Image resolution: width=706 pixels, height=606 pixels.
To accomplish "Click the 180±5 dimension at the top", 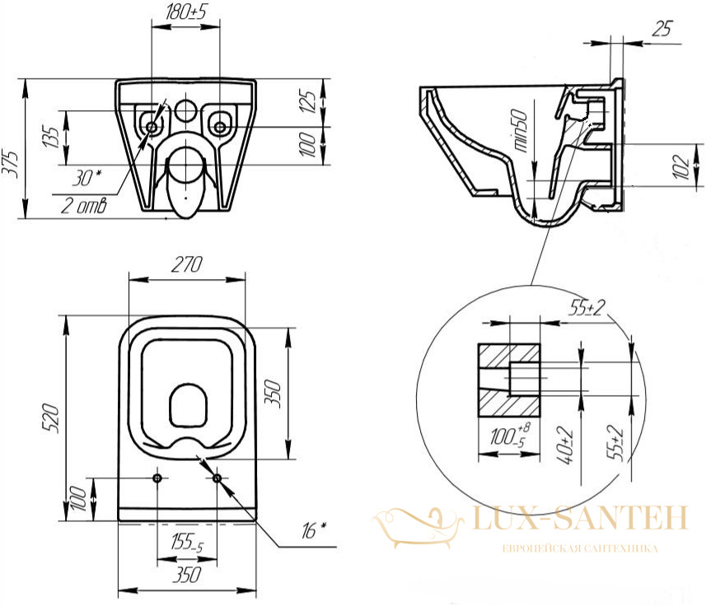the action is click(185, 12).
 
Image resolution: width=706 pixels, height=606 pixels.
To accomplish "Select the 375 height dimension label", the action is click(11, 164).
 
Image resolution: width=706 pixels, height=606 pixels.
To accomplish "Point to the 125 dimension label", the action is click(307, 101).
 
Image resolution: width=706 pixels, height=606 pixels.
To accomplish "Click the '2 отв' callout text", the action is click(84, 206).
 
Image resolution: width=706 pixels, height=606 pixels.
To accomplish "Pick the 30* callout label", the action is click(86, 178).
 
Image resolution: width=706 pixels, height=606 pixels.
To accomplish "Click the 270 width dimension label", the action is click(187, 264).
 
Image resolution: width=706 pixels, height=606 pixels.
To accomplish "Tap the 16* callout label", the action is click(314, 530).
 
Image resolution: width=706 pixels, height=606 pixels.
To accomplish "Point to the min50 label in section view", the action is click(521, 130).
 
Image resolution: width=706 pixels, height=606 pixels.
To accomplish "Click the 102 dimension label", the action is click(683, 166).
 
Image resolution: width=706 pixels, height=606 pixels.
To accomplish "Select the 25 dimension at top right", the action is click(662, 28).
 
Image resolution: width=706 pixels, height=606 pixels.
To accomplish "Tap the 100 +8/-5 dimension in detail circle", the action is click(510, 435).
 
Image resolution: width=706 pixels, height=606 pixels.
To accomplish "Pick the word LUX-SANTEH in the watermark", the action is click(582, 517).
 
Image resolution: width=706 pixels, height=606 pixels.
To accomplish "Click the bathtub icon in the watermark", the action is click(418, 527).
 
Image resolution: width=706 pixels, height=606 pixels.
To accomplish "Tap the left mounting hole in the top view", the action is click(157, 478).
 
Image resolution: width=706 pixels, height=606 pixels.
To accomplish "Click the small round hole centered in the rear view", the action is click(185, 110).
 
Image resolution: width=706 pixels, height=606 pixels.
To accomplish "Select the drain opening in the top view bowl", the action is click(188, 405).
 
